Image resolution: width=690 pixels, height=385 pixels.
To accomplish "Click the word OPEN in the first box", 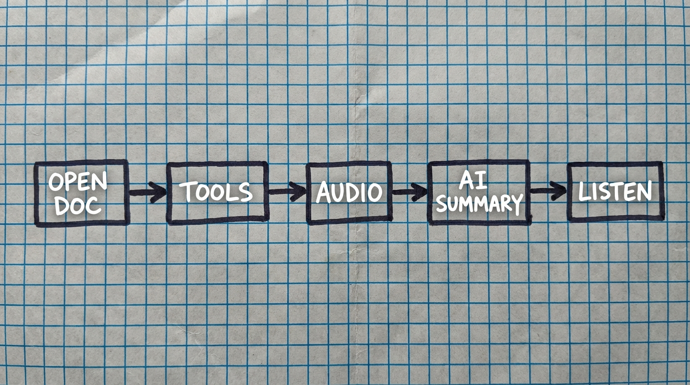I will [x=78, y=182].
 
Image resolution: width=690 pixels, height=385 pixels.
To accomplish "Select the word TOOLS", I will [x=216, y=191].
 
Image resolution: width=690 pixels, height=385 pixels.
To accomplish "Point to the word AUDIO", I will [x=349, y=192].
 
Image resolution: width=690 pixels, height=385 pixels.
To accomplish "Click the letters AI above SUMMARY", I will [x=473, y=180].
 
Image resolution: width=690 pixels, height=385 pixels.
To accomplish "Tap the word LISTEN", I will [x=615, y=191].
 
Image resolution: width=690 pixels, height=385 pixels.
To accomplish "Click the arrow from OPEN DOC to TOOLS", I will [x=147, y=192].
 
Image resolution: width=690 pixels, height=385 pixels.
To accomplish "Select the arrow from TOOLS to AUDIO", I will [x=287, y=191].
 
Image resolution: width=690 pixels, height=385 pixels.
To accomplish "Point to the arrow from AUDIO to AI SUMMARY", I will [x=409, y=191].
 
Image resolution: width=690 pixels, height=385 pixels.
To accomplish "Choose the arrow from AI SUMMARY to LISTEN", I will [x=548, y=190].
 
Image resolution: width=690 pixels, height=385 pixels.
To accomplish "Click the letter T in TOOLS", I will [x=187, y=191].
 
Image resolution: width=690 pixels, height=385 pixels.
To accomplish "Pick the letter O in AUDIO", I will [x=375, y=192].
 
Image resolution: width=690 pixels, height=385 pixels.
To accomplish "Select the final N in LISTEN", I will [x=645, y=190].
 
